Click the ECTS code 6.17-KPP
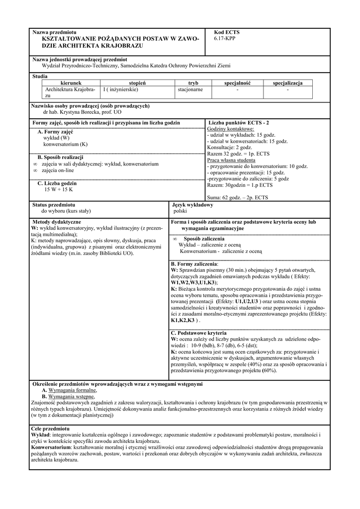pyautogui.click(x=225, y=38)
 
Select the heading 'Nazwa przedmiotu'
pyautogui.click(x=55, y=32)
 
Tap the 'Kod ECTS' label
pyautogui.click(x=226, y=32)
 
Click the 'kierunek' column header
pyautogui.click(x=74, y=83)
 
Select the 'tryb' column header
pyautogui.click(x=193, y=83)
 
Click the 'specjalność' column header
pyautogui.click(x=237, y=83)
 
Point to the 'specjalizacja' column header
pyautogui.click(x=287, y=83)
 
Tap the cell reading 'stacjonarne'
pyautogui.click(x=190, y=90)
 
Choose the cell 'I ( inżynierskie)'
pyautogui.click(x=121, y=90)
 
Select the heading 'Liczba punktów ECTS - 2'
pyautogui.click(x=239, y=122)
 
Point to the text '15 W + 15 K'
pyautogui.click(x=59, y=189)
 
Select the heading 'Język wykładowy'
pyautogui.click(x=192, y=205)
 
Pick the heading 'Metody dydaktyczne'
pyautogui.click(x=56, y=222)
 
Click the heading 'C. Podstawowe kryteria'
pyautogui.click(x=198, y=333)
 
